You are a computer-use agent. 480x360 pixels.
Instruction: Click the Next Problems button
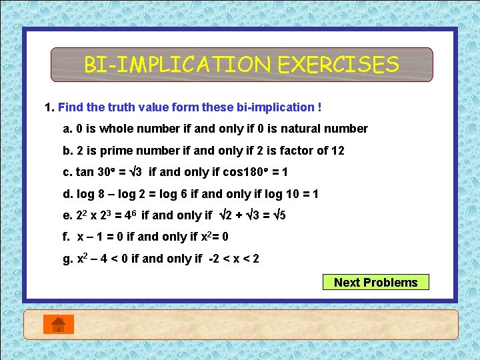click(x=375, y=282)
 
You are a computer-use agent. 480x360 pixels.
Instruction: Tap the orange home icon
click(x=59, y=324)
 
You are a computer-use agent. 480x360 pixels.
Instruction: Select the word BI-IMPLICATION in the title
click(x=178, y=65)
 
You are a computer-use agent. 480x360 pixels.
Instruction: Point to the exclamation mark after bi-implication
click(x=319, y=107)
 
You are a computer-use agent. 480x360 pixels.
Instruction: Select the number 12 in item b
click(x=337, y=151)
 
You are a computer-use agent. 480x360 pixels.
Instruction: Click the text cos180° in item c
click(x=245, y=172)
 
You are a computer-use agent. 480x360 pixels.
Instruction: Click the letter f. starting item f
click(x=66, y=237)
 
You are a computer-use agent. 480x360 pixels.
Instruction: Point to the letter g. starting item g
click(x=67, y=258)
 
